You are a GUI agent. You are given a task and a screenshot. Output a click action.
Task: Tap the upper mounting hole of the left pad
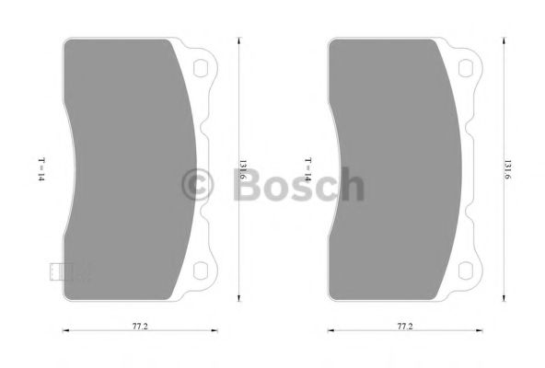201,65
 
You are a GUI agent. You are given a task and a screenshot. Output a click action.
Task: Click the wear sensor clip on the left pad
57,271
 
